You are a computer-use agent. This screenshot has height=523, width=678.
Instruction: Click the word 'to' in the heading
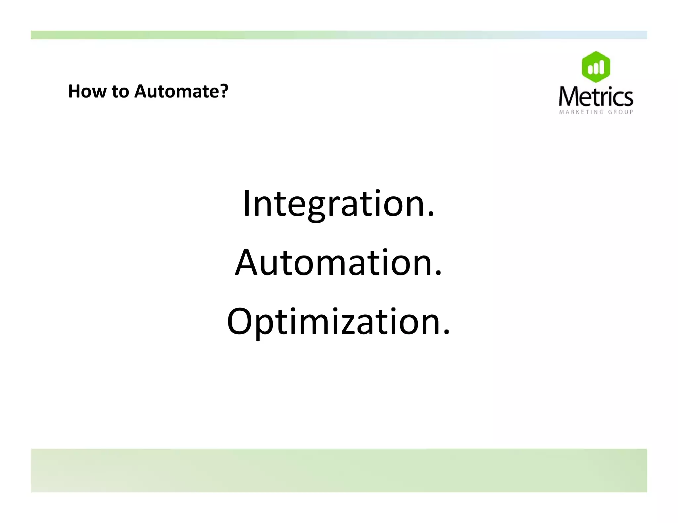(x=120, y=92)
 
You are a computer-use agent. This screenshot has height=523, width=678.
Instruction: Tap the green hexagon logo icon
(x=596, y=67)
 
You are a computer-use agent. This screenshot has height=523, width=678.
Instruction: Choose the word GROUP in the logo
(x=620, y=112)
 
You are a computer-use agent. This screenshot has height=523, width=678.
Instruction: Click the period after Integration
(x=430, y=215)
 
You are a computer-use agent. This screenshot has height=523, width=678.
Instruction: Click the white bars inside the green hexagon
(x=596, y=68)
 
